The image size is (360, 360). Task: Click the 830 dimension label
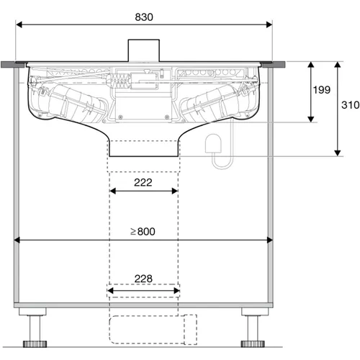pos(144,17)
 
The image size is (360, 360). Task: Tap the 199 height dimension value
pos(322,90)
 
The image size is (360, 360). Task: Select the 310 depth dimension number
pos(351,105)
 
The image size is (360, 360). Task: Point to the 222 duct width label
pos(143,182)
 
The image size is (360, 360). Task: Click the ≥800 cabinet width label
pos(143,231)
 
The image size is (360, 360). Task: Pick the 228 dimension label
pos(143,279)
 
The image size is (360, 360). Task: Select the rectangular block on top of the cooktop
pos(144,50)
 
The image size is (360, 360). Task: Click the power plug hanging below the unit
pos(213,143)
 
